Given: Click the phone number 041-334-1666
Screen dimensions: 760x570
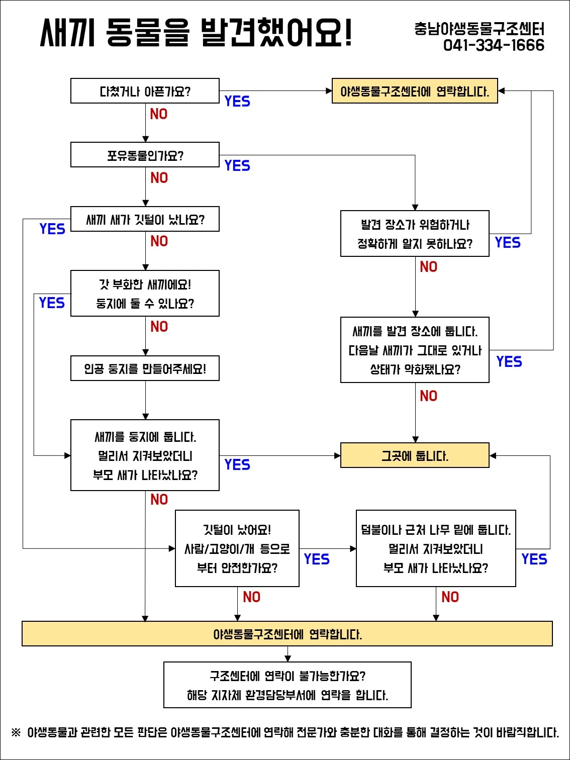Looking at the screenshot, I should point(494,45).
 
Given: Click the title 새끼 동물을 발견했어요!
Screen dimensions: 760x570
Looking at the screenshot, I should point(196,33).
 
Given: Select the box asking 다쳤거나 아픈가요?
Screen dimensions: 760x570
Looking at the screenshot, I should point(145,91).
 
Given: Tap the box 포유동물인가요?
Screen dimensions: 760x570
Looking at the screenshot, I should point(145,155).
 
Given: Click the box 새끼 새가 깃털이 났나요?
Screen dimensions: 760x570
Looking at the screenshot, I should point(145,219).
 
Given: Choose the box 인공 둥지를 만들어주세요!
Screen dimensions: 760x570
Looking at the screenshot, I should point(145,368).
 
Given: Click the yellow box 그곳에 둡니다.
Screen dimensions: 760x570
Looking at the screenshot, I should point(415,455).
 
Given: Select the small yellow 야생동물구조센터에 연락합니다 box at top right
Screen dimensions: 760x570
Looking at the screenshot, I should point(415,91).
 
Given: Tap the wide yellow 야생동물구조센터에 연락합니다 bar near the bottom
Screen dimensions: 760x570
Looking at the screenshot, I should point(287,634).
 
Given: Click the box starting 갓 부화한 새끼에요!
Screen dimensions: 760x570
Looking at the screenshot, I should point(145,294).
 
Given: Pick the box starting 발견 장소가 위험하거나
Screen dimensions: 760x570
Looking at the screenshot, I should point(415,234).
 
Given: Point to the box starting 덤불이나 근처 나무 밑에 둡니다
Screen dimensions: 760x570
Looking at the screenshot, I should point(436,548).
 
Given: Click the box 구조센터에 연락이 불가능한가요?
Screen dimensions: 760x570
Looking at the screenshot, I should point(287,685).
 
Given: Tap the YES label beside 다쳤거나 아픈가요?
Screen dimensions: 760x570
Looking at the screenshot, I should point(237,101).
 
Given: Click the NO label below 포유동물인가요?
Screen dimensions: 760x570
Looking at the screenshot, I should point(159,177).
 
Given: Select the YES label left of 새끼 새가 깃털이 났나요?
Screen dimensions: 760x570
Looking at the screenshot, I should point(52,229).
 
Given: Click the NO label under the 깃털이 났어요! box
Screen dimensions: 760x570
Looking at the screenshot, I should point(251,597).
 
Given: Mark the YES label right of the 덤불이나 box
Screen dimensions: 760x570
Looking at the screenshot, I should point(534,559).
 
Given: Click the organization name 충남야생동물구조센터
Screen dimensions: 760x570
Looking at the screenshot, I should point(479,29).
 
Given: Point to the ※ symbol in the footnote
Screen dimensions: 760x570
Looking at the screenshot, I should point(16,732).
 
